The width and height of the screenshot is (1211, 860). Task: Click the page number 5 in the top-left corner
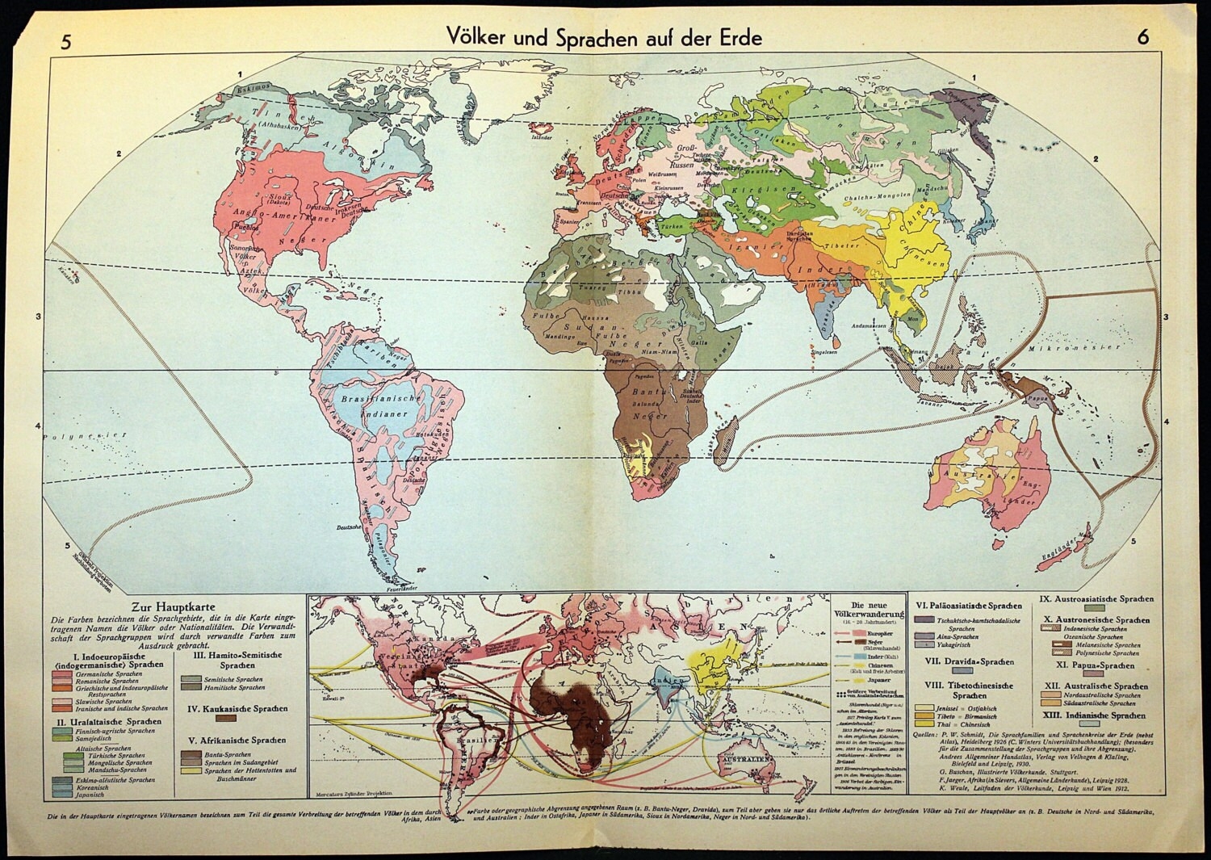pos(66,40)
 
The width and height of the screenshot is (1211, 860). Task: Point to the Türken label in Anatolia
pos(672,229)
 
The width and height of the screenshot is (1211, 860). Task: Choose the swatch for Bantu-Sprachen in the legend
pos(192,753)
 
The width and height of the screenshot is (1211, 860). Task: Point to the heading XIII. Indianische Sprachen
pos(1095,715)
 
